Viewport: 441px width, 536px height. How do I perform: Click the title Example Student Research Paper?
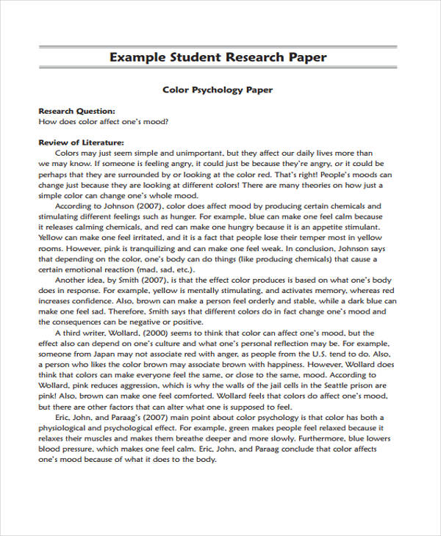tap(218, 57)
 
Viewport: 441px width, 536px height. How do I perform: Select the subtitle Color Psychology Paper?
tap(218, 90)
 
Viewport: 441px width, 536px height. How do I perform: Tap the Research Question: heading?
tap(76, 111)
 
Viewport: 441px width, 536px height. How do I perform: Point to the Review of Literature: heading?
tap(81, 142)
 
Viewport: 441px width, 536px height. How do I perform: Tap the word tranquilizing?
tap(141, 248)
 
